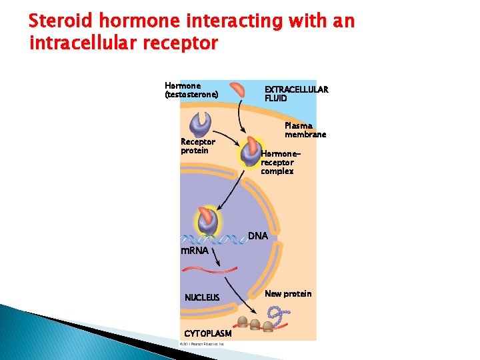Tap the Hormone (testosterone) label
point(191,91)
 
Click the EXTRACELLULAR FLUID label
point(296,93)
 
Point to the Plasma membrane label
point(305,130)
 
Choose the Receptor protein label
point(198,146)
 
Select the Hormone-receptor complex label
point(277,162)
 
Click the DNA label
point(258,236)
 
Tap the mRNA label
point(195,251)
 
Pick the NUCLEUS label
point(202,297)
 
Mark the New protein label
point(287,294)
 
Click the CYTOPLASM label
point(207,333)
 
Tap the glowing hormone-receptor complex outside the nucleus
point(251,153)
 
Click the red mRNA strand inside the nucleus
point(211,269)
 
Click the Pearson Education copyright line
point(203,344)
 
